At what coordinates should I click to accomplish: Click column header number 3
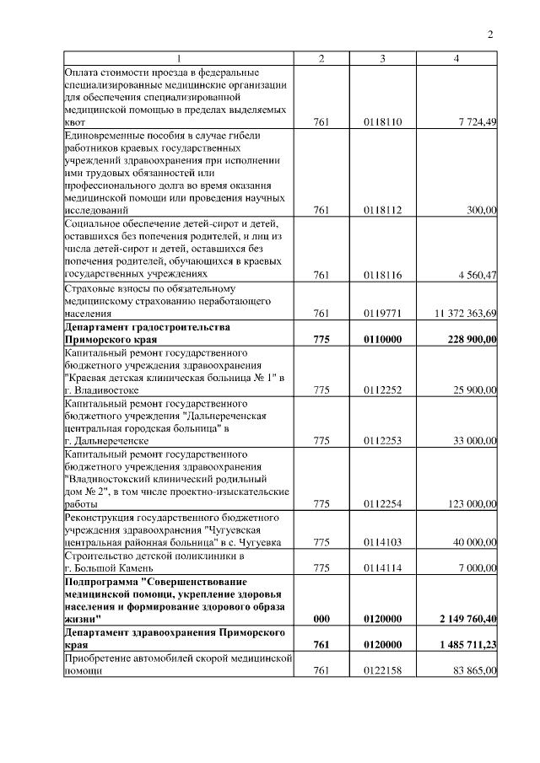point(383,59)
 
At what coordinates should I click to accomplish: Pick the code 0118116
point(383,275)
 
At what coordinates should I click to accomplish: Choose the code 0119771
point(383,314)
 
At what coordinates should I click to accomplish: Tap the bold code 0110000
point(383,339)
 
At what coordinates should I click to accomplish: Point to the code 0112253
point(383,441)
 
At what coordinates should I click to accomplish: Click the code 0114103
point(383,543)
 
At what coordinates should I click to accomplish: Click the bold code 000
point(321,619)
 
